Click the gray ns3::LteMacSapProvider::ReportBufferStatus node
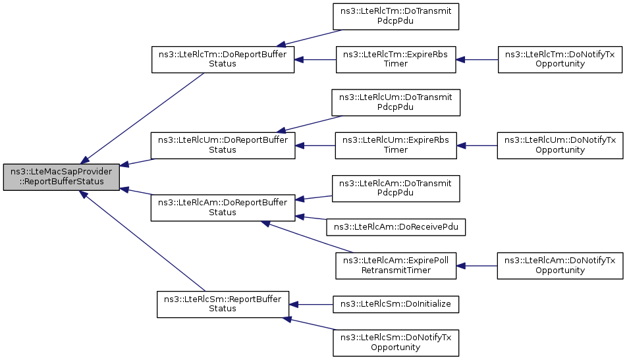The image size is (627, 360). [62, 177]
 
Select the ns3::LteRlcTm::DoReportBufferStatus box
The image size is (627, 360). [223, 59]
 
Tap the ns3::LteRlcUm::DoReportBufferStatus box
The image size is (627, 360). [223, 145]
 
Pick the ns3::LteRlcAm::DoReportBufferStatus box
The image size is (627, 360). [223, 208]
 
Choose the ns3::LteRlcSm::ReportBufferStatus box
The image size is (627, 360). [223, 305]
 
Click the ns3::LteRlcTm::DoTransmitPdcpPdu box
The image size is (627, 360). [396, 16]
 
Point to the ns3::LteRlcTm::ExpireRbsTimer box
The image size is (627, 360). [396, 59]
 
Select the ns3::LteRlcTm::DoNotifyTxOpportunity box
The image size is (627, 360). [560, 59]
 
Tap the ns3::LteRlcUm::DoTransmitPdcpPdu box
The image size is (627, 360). [396, 103]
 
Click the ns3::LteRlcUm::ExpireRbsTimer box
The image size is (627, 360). [396, 145]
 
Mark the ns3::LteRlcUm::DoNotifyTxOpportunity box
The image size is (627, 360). [560, 145]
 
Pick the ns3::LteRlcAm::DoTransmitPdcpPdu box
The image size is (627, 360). [396, 189]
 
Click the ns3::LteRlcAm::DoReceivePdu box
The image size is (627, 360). [396, 227]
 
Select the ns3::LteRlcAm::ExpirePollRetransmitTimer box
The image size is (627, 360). [396, 266]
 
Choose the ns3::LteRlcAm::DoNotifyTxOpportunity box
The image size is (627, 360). [560, 266]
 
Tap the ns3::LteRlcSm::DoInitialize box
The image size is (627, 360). [396, 305]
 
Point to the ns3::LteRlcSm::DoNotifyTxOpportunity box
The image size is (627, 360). [396, 343]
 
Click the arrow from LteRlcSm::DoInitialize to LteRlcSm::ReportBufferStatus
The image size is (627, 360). [311, 305]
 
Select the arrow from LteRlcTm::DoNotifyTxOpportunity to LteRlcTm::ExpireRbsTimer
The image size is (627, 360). [477, 59]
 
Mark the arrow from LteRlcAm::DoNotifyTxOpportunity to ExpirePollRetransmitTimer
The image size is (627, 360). [477, 266]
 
